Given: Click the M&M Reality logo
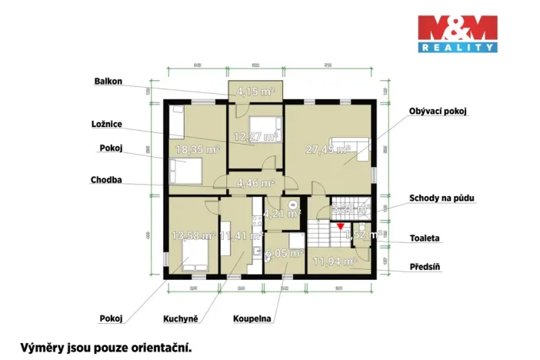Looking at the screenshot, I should tap(457, 33).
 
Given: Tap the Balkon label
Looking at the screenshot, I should tap(108, 79).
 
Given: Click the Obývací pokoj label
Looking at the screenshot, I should tap(438, 111).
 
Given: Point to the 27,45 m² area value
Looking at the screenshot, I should tap(328, 149).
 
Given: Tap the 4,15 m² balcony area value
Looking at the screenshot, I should tap(255, 91).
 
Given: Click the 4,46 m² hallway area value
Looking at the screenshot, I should tap(255, 183).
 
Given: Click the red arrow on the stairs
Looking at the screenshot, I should tap(341, 225).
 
